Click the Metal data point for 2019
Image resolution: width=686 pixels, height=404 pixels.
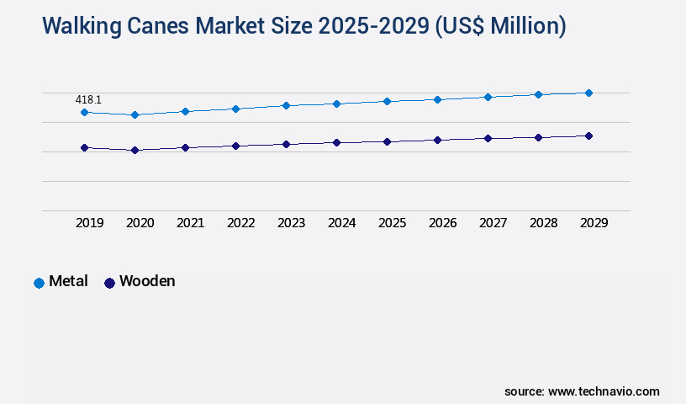tap(84, 112)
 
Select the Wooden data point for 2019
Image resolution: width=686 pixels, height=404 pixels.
tap(84, 147)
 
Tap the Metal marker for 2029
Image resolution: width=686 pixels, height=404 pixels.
tap(588, 93)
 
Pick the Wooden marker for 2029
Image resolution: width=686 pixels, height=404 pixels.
tap(588, 136)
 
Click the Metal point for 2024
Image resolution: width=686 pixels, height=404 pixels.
tap(336, 104)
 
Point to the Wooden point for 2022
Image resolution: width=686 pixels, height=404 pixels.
tap(235, 146)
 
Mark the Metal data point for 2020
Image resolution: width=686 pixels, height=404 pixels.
tap(135, 114)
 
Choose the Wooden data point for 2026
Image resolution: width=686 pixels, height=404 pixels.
tap(437, 140)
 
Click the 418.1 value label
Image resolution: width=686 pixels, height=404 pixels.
tap(88, 99)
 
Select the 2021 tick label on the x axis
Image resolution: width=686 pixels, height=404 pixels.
tap(190, 223)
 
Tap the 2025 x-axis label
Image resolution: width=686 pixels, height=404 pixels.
tap(392, 223)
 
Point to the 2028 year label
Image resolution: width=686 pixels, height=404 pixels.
tap(543, 223)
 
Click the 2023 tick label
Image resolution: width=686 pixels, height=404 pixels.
tap(291, 223)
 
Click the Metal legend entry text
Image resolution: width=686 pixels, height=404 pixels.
tap(68, 281)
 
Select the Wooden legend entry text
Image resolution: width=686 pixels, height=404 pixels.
tap(147, 281)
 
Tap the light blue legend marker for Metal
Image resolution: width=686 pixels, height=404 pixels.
tap(39, 283)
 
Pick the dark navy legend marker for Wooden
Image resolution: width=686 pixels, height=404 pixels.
tap(109, 283)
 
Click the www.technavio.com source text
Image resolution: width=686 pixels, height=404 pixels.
tap(604, 391)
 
